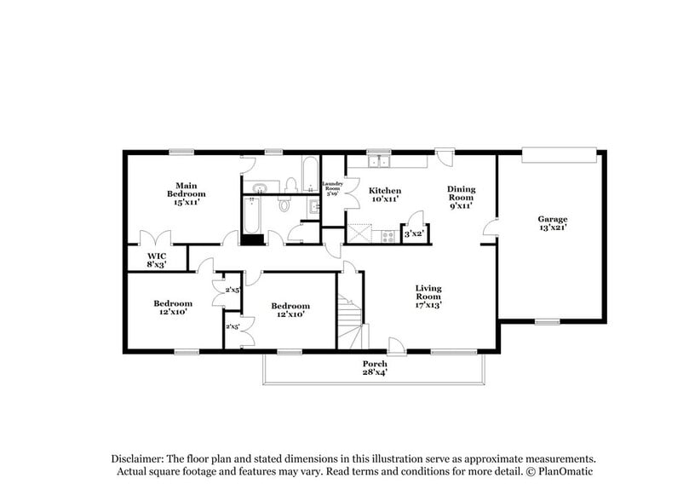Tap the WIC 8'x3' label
point(156,259)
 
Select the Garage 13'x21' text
point(552,223)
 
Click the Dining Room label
point(461,197)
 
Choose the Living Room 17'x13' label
point(428,296)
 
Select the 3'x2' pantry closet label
point(414,233)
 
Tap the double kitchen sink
point(376,162)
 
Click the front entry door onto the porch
point(397,345)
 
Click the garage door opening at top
point(560,153)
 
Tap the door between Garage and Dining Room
point(491,227)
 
